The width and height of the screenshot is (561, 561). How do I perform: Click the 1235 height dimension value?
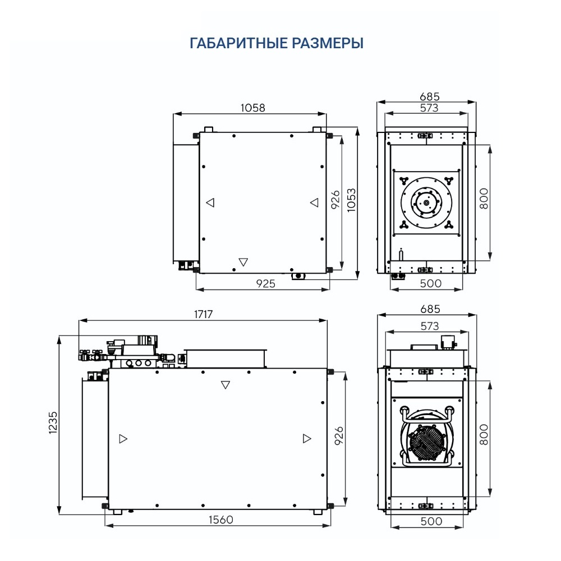(x=53, y=424)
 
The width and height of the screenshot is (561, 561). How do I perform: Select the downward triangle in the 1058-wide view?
(x=243, y=261)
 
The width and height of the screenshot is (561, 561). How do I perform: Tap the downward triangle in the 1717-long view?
(x=226, y=385)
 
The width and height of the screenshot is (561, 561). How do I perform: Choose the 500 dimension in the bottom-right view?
(x=431, y=521)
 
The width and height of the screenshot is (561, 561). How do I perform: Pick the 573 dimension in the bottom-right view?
(x=429, y=326)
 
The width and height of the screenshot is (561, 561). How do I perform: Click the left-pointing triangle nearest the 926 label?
(x=314, y=203)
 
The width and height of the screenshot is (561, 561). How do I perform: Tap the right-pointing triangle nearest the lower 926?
(x=306, y=439)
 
